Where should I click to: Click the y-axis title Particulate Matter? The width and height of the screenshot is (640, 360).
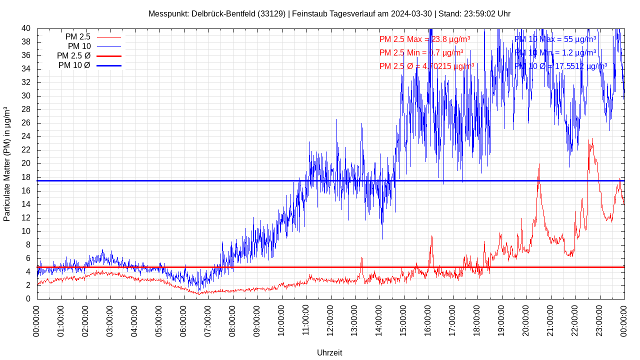[7, 163]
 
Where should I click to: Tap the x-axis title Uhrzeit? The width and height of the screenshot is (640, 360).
[329, 352]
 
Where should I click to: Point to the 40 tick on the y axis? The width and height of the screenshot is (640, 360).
[26, 28]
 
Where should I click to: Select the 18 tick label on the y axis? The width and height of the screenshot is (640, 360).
[26, 177]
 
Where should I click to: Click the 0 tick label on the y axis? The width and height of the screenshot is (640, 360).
[28, 299]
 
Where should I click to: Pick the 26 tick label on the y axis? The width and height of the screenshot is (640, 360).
[26, 123]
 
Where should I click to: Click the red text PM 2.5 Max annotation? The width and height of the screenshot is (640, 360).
[424, 39]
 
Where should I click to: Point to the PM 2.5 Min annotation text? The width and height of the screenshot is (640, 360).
[421, 52]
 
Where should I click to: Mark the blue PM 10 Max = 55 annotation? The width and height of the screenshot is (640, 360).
[555, 39]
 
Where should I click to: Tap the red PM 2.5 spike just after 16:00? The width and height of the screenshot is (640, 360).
[431, 237]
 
